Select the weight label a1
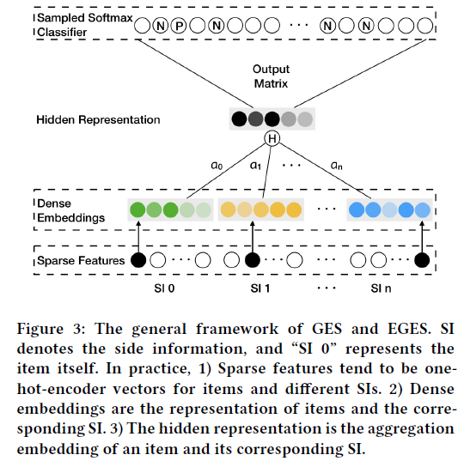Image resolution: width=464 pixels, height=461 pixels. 256,165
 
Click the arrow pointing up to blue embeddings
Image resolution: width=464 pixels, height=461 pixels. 420,235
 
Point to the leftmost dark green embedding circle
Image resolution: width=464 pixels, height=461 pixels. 136,209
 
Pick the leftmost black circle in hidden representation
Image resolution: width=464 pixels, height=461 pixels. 240,119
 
